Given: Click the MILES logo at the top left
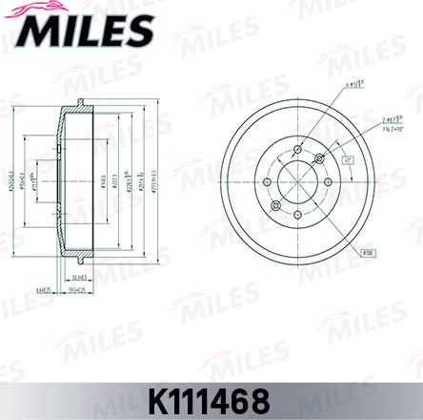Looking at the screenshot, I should (x=84, y=31).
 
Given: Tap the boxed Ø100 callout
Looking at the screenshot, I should (x=368, y=253).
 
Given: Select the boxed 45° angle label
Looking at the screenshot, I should (x=349, y=162).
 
